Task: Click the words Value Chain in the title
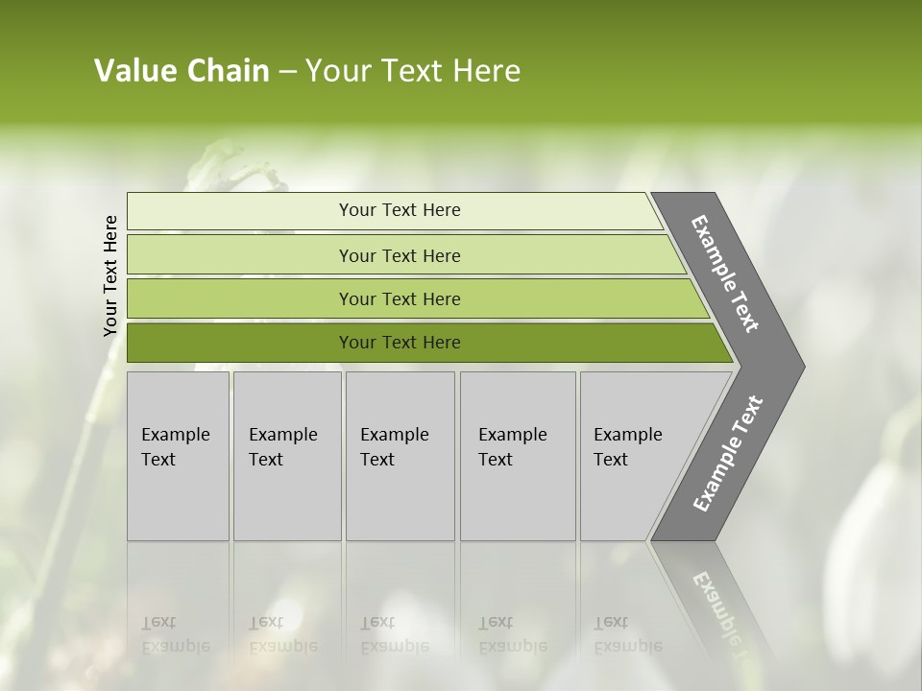(x=182, y=71)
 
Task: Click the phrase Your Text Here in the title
(x=413, y=71)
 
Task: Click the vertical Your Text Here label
(x=110, y=275)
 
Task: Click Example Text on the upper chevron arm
(x=725, y=274)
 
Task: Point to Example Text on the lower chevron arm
(x=728, y=453)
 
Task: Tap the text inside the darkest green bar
(x=400, y=343)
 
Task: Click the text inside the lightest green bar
(x=400, y=210)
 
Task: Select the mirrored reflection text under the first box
(x=175, y=634)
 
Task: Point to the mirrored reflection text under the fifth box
(x=627, y=634)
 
